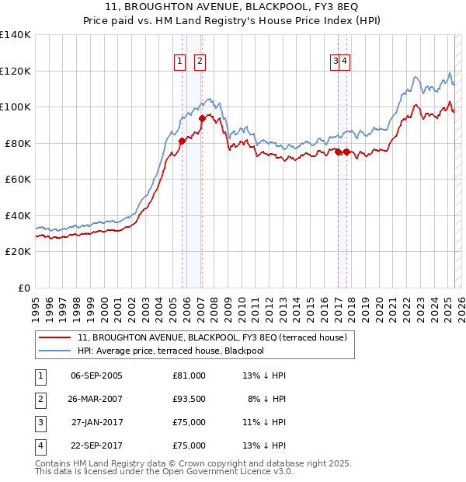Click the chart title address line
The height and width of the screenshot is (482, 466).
coord(232,8)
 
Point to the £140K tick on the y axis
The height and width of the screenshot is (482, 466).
coord(16,35)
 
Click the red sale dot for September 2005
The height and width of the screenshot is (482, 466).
coord(182,141)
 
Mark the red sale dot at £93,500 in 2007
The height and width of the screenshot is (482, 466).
coord(203,119)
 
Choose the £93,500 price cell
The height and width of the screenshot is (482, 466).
coord(190,399)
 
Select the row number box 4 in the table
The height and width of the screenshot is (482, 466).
coord(39,446)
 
